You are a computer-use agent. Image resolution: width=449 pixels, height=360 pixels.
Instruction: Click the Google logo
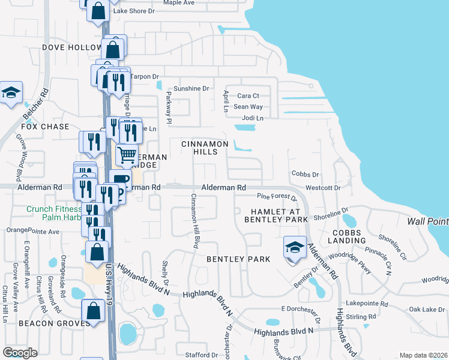[20, 352]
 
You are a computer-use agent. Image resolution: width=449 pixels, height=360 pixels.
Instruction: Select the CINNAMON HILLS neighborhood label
[205, 148]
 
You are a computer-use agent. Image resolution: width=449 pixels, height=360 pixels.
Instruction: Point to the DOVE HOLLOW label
[72, 47]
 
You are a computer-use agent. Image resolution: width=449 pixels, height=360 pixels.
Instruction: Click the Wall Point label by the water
[427, 221]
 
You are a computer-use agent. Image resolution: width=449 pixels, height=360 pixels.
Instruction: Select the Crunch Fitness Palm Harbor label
[54, 213]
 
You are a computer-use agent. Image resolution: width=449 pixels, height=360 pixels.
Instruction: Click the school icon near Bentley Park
[294, 247]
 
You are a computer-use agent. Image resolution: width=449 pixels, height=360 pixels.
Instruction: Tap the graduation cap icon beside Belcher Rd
[10, 93]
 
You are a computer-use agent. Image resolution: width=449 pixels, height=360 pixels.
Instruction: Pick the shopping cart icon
[127, 155]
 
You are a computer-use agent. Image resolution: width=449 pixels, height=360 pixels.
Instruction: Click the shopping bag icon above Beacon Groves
[93, 311]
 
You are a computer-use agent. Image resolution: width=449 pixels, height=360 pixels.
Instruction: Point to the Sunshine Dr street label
[191, 88]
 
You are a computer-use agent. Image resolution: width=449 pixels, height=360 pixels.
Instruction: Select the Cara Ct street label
[248, 95]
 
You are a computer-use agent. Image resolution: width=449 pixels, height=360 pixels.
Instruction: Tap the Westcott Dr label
[323, 188]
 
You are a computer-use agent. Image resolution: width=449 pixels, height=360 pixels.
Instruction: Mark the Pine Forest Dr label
[277, 197]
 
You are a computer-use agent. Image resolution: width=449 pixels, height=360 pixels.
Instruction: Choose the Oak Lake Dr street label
[426, 309]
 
